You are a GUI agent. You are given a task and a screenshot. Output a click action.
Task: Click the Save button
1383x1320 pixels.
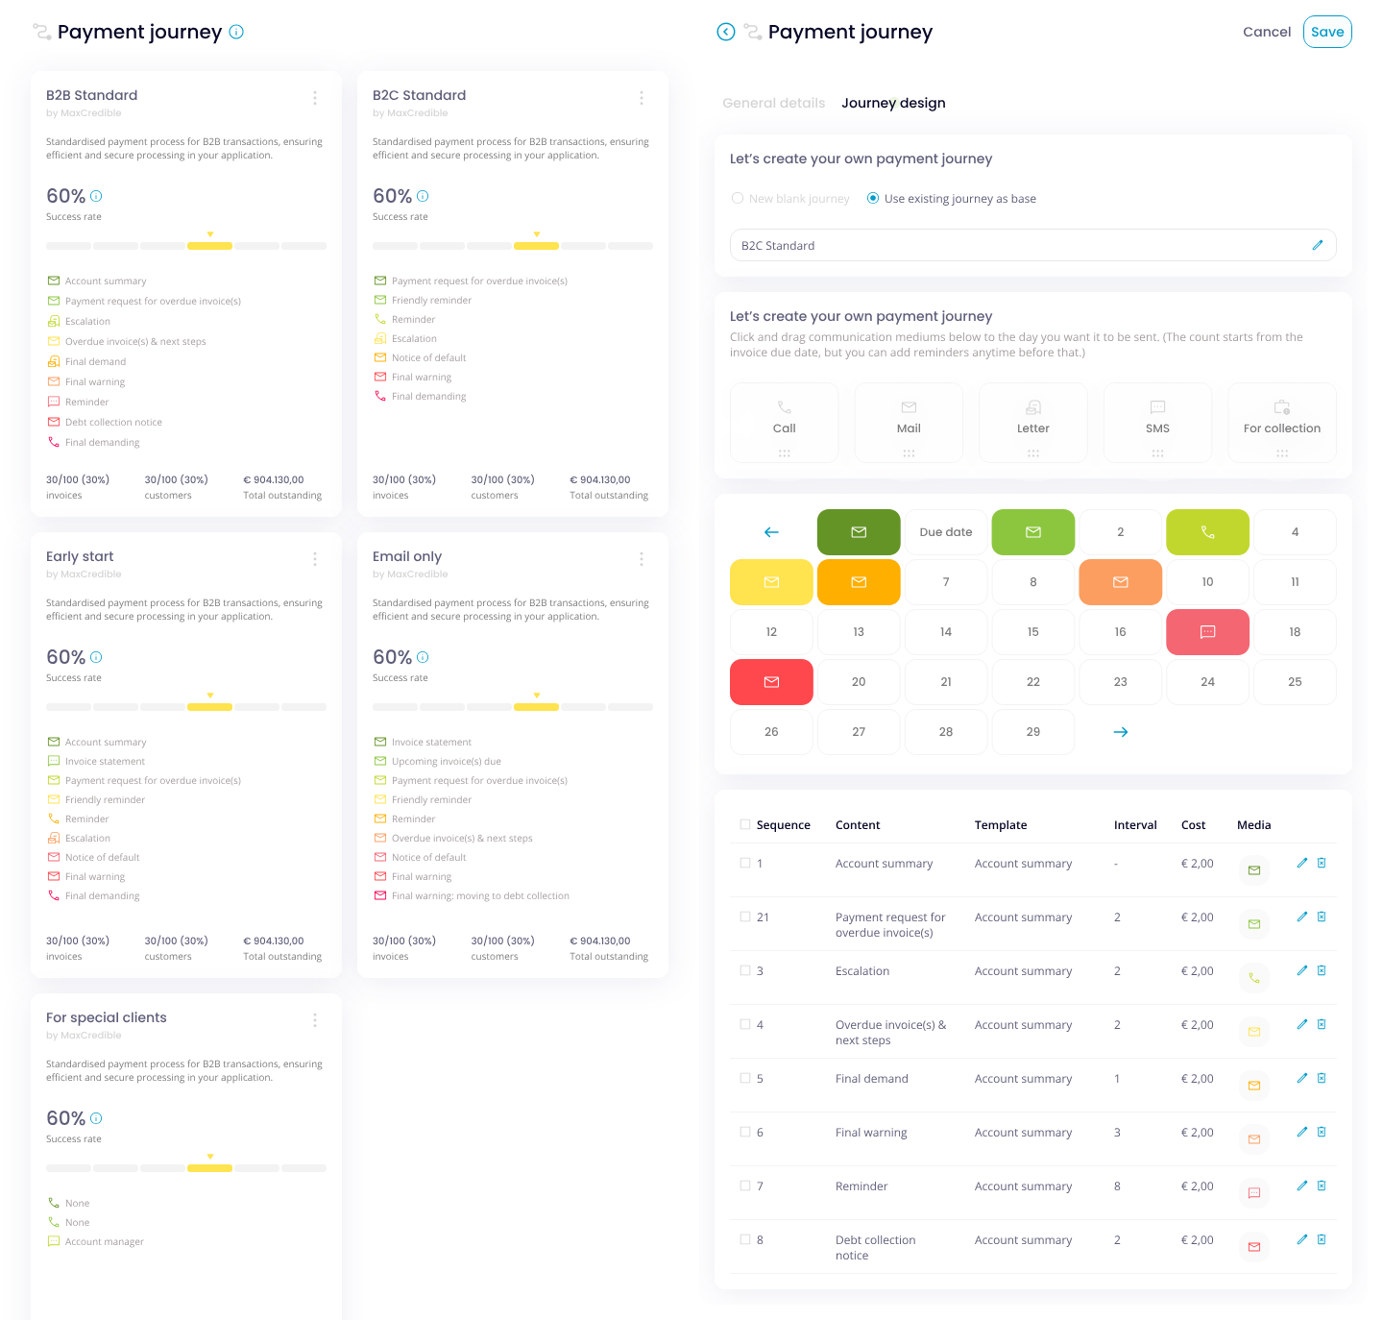pyautogui.click(x=1327, y=32)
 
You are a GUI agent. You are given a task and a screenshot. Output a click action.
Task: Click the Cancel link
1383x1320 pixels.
pyautogui.click(x=1266, y=32)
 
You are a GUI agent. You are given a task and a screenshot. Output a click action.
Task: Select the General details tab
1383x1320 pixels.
pyautogui.click(x=773, y=103)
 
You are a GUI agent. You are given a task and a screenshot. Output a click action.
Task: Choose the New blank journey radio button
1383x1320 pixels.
pyautogui.click(x=738, y=199)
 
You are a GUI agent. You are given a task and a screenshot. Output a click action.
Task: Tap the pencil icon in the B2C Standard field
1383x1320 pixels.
pyautogui.click(x=1317, y=246)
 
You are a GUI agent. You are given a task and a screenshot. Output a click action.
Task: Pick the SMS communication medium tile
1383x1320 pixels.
pyautogui.click(x=1157, y=423)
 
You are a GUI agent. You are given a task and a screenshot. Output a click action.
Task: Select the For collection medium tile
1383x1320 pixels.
pyautogui.click(x=1281, y=423)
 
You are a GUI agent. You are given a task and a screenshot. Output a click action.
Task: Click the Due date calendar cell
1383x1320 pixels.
pyautogui.click(x=945, y=532)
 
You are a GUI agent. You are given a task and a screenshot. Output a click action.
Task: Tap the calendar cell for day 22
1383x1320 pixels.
pyautogui.click(x=1032, y=682)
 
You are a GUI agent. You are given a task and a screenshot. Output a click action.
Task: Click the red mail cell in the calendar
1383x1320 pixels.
pyautogui.click(x=771, y=682)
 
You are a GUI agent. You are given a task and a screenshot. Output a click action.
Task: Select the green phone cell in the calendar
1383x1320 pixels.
pyautogui.click(x=1207, y=532)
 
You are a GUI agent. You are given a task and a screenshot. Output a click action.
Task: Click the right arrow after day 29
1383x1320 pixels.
pyautogui.click(x=1120, y=732)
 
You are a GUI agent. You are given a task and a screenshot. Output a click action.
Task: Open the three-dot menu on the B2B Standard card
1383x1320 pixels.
pyautogui.click(x=315, y=98)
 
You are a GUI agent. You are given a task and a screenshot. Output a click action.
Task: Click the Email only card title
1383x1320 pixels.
pyautogui.click(x=407, y=556)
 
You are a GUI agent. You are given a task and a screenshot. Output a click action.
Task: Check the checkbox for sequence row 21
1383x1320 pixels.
pyautogui.click(x=745, y=917)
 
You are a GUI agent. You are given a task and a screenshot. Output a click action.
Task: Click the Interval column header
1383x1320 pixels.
pyautogui.click(x=1134, y=825)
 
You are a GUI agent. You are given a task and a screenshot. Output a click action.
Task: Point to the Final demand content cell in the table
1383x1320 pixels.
pyautogui.click(x=871, y=1079)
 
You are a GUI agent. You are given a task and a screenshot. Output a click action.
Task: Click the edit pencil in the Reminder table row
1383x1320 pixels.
pyautogui.click(x=1301, y=1186)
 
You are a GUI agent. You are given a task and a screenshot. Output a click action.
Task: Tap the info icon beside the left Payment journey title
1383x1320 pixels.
pyautogui.click(x=236, y=32)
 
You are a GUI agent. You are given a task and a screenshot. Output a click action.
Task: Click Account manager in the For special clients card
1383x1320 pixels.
pyautogui.click(x=104, y=1242)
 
